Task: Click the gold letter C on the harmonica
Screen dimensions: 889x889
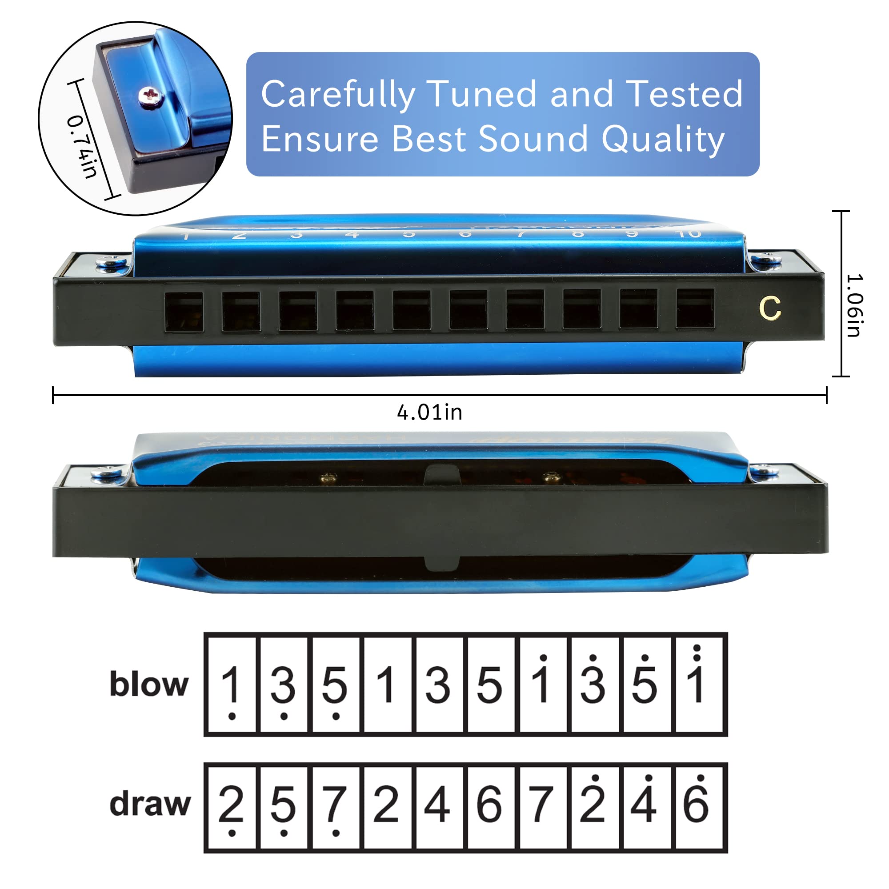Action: click(770, 308)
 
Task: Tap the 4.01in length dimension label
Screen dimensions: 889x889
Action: click(429, 412)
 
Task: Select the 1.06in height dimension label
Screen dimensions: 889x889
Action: click(854, 305)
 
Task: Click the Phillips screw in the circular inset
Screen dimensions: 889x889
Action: click(151, 96)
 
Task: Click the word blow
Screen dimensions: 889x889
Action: click(149, 684)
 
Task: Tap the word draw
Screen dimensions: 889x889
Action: click(150, 804)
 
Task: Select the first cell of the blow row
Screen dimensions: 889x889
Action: click(231, 684)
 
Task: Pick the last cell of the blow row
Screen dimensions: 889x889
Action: click(697, 684)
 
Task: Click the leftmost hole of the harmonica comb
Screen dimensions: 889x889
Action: click(184, 312)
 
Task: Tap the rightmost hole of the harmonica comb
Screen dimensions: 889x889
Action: click(695, 309)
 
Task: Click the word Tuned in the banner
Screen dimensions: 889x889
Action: click(482, 94)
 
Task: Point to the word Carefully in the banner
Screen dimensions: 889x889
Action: click(338, 95)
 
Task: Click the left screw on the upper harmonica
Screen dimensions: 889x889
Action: click(112, 263)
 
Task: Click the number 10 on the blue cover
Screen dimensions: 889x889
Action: click(689, 233)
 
